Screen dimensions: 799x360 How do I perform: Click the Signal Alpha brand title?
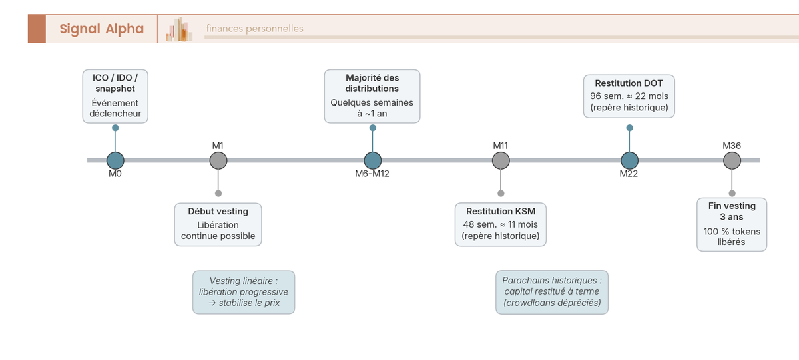(102, 29)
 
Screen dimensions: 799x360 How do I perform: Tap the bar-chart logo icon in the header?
(179, 29)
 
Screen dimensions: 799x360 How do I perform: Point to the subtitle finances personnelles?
(254, 29)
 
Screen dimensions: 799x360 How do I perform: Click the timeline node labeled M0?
(115, 160)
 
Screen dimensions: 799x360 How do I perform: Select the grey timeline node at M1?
(218, 160)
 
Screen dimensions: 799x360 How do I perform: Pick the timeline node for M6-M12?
(372, 160)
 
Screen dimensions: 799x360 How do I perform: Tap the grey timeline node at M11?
(501, 160)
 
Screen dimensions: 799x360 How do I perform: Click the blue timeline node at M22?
(630, 160)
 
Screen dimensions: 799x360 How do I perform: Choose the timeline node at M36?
(732, 160)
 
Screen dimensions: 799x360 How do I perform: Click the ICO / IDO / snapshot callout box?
(115, 96)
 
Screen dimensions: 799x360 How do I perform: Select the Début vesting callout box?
(218, 224)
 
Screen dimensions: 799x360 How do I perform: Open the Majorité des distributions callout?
(372, 96)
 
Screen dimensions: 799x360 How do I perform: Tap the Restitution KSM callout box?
(501, 224)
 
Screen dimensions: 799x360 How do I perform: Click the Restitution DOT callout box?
(629, 96)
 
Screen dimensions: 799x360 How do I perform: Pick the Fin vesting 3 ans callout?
(732, 224)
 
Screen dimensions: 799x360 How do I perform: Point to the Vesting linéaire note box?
(244, 292)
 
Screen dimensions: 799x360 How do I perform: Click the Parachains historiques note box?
(552, 292)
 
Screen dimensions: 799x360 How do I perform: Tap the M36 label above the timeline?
(732, 146)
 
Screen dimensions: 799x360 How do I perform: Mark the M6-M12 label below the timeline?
(372, 174)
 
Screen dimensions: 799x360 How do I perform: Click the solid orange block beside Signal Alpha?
(37, 29)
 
